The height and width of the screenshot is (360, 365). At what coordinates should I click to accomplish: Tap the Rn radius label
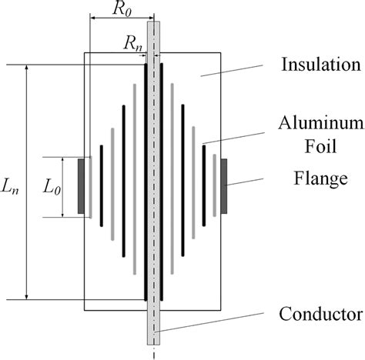click(x=135, y=45)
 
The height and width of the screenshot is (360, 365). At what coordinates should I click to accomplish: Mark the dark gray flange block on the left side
click(x=81, y=185)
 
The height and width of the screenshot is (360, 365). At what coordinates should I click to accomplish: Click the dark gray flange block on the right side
click(x=224, y=185)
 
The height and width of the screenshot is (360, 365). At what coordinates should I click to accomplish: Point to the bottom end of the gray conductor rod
click(x=153, y=342)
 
